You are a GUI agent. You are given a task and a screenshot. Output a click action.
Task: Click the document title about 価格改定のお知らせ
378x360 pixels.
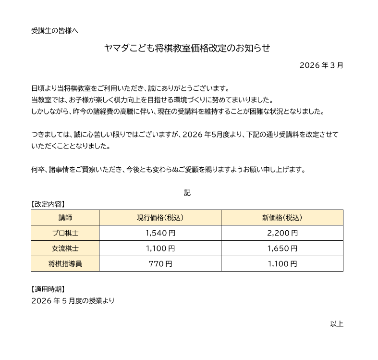[x=187, y=48]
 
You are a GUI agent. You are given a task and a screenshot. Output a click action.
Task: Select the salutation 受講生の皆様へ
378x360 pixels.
[x=54, y=31]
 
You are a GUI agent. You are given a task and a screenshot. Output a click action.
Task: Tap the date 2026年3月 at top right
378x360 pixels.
[x=321, y=65]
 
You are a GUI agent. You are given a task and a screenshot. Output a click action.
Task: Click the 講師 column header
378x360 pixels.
[x=65, y=217]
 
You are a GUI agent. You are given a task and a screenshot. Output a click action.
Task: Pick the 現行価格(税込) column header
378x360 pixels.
[x=160, y=217]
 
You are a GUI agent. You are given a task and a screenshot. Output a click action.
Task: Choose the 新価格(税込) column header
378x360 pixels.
[x=282, y=217]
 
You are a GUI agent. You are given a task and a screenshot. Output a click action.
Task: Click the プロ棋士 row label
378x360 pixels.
[x=65, y=233]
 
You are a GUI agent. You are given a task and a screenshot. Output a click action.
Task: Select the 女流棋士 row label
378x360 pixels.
[x=65, y=248]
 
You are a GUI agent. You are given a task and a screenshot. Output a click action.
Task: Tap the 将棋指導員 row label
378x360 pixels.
[x=65, y=264]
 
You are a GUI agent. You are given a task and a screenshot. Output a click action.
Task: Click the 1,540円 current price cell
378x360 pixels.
[x=160, y=233]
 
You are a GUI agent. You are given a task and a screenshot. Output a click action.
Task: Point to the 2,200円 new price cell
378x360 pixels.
[x=282, y=233]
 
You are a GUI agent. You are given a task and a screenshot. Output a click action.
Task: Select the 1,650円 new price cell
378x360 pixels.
[x=282, y=248]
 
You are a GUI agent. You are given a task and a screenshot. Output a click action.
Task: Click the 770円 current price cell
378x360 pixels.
[x=160, y=264]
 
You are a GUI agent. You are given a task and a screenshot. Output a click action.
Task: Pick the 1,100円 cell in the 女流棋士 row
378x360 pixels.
[x=160, y=248]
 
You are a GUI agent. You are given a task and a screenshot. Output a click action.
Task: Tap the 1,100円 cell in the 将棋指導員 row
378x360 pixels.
[x=282, y=264]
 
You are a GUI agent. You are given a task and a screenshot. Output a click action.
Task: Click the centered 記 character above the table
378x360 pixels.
[x=187, y=193]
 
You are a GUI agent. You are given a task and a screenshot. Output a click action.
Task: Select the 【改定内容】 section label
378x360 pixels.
[x=48, y=204]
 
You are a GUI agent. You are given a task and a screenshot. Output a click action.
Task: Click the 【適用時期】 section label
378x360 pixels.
[x=48, y=289]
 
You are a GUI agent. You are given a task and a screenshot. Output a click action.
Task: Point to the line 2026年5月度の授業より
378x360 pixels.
[x=73, y=301]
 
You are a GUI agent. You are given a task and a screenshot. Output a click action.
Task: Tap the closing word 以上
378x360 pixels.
[x=336, y=323]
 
